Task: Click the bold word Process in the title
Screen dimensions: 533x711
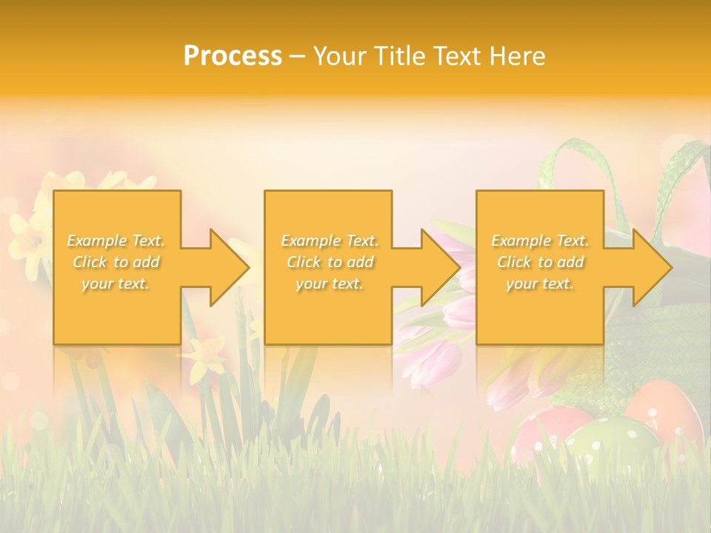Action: (233, 56)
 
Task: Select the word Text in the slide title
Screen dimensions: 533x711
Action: (458, 56)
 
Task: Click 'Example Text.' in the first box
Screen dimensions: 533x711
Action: (116, 241)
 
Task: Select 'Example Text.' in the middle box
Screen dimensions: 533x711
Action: (330, 241)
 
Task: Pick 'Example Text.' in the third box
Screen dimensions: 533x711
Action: (540, 241)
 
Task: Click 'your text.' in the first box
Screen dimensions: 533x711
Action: (116, 284)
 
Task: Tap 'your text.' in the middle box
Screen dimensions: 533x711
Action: (330, 284)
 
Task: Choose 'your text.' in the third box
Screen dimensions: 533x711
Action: (540, 284)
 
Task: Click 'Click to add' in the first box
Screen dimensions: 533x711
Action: (116, 262)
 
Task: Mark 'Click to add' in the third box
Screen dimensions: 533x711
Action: (540, 262)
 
